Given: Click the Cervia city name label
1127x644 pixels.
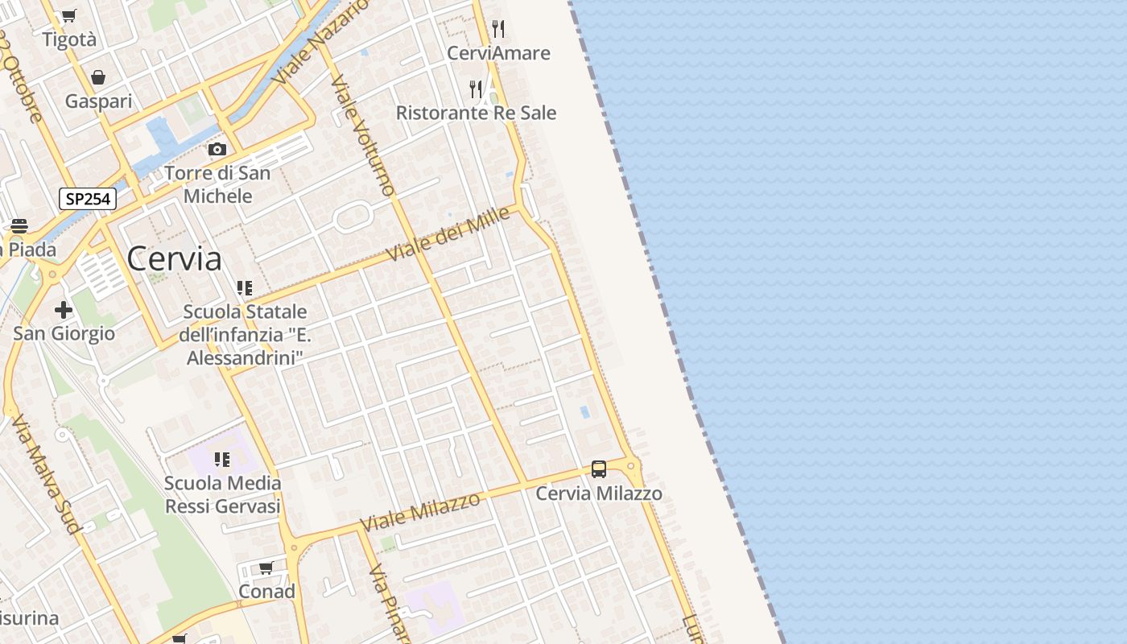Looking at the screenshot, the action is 174,258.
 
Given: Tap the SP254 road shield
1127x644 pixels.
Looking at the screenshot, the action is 88,199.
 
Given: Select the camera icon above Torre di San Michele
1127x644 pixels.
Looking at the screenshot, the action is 217,149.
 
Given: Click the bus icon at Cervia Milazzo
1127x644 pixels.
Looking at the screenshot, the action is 599,469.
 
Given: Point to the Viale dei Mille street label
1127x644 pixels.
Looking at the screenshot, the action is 448,233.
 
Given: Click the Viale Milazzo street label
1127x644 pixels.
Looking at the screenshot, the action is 420,511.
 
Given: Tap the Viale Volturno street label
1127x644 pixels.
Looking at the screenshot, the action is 362,135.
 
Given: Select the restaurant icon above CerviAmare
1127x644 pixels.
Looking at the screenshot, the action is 498,30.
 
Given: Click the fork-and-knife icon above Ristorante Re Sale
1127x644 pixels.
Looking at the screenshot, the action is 477,89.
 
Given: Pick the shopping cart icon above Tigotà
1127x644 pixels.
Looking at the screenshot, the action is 69,15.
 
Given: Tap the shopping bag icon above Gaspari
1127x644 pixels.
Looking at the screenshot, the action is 98,77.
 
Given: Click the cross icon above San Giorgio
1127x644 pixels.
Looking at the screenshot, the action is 64,310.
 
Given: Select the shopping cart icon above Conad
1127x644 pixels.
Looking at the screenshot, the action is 266,568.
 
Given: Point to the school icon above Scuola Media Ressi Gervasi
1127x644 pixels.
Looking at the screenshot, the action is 222,460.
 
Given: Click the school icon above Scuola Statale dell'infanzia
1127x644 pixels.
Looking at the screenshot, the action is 245,287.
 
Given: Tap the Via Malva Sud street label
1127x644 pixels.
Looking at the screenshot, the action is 46,475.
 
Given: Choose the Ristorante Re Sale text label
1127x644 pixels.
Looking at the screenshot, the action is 476,113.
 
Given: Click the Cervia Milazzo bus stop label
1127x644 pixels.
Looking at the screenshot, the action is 599,493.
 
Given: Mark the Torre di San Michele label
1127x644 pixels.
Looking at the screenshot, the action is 217,184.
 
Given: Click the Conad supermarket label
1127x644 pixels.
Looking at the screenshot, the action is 266,592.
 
